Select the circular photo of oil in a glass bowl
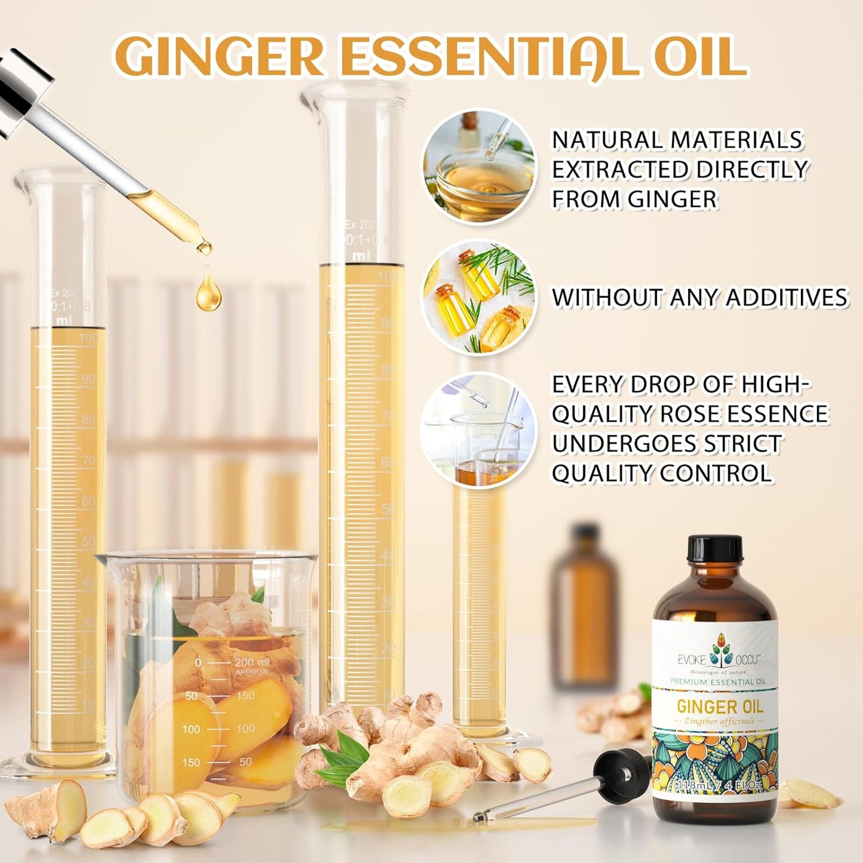[480, 167]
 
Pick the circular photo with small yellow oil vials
[479, 297]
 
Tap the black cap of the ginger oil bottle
[715, 548]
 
